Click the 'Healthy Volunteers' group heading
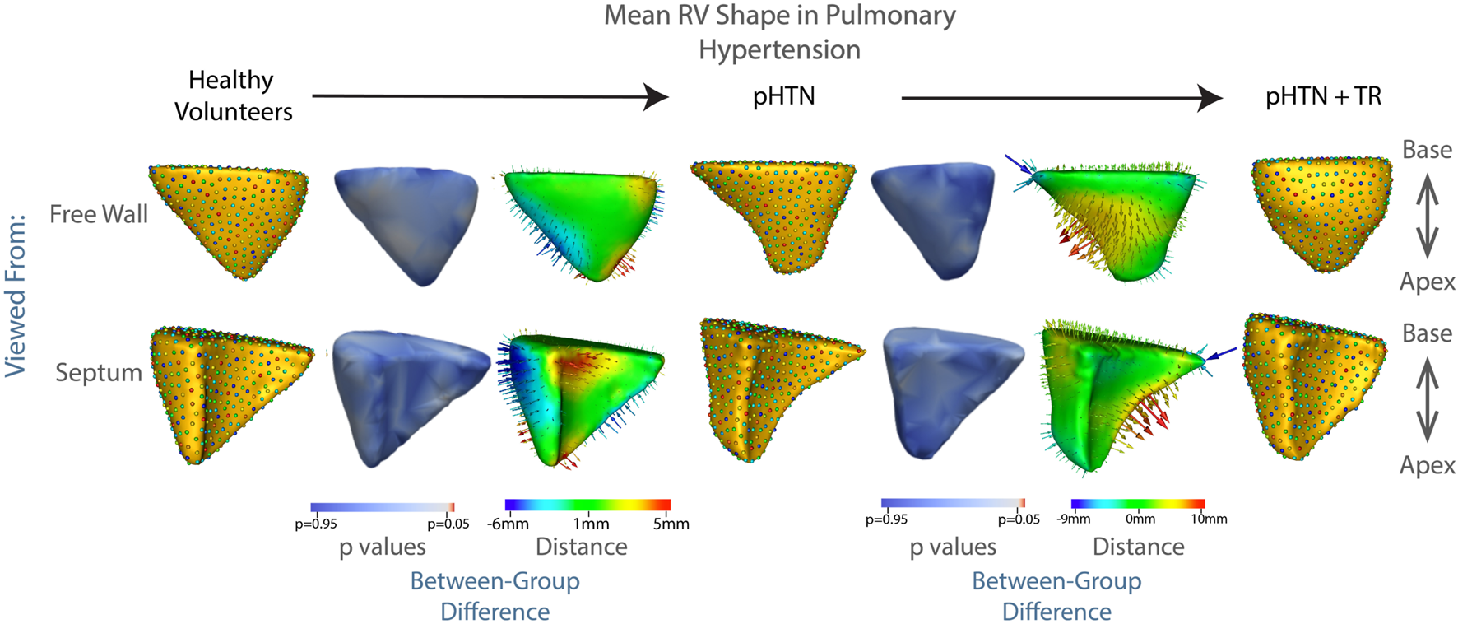[233, 95]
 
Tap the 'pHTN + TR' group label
[1322, 96]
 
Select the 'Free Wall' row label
[99, 214]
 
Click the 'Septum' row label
[99, 372]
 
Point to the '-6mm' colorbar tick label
[508, 524]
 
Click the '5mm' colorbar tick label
[671, 524]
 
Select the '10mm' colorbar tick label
[1209, 519]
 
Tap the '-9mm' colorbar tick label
[1073, 519]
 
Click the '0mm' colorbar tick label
[1140, 519]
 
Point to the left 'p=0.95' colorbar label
[316, 524]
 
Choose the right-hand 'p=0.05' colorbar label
[1019, 519]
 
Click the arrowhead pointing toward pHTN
[656, 96]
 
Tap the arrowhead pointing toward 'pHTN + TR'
[1210, 98]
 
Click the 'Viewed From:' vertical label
[16, 296]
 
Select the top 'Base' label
[1427, 150]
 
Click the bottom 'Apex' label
[1427, 465]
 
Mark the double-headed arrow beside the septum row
[1427, 401]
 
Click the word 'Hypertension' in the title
[779, 49]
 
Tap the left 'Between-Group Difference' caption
[495, 596]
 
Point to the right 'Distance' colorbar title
[1138, 547]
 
